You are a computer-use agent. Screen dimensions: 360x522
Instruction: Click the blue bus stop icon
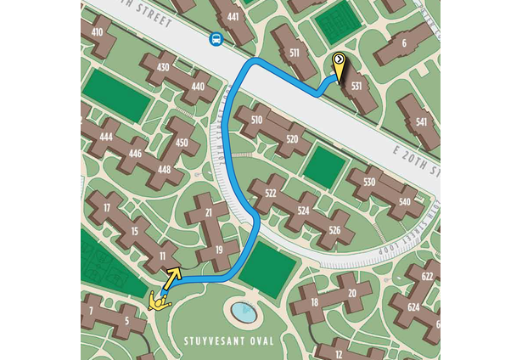tap(216, 39)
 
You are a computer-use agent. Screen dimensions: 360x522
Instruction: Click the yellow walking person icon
tap(158, 300)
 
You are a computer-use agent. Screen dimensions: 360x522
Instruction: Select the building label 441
tap(233, 16)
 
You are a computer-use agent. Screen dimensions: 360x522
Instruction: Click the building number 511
tap(294, 53)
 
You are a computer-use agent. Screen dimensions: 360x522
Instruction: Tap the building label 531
tap(357, 86)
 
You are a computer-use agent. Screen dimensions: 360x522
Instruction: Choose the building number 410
tap(97, 32)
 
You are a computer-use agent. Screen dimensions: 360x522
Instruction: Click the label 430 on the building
tap(164, 67)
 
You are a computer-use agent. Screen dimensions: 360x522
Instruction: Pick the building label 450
tap(182, 143)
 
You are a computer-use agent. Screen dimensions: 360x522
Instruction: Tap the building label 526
tap(334, 231)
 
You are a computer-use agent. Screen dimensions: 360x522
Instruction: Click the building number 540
tap(404, 202)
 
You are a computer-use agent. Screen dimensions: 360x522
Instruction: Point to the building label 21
tap(209, 212)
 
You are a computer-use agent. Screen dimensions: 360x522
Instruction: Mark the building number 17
tap(106, 208)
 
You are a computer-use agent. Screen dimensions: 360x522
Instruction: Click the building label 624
tap(413, 307)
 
